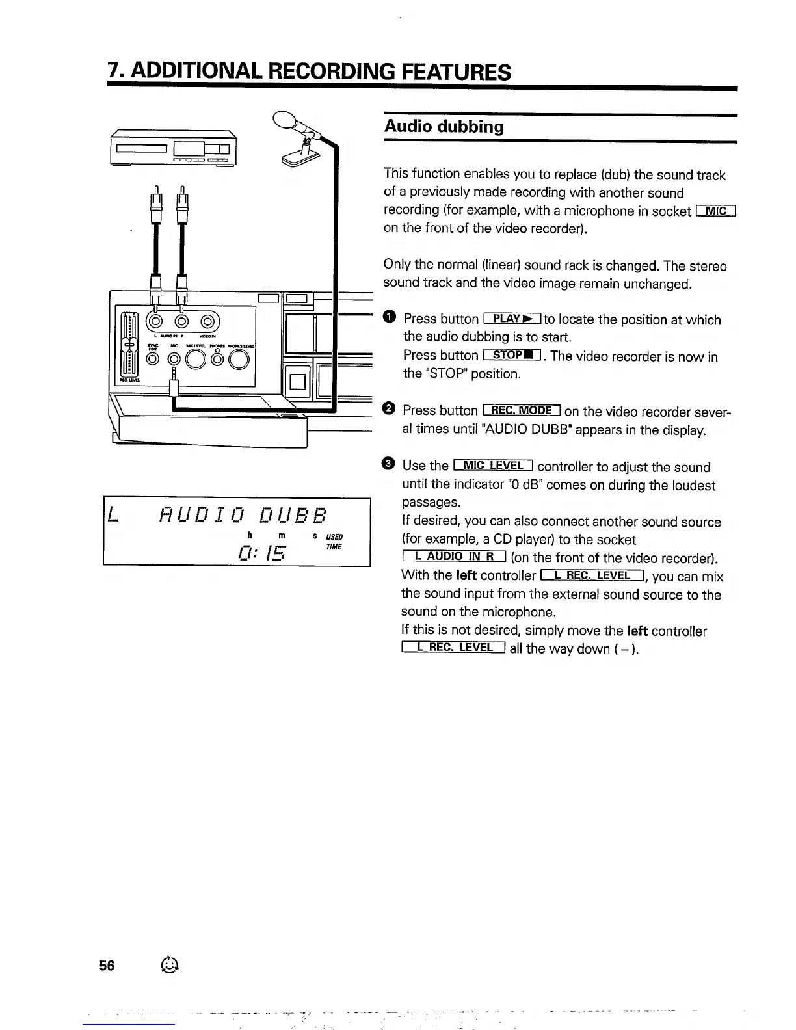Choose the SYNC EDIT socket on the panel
click(152, 358)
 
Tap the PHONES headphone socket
click(218, 358)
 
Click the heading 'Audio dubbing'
click(444, 126)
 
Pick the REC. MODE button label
click(522, 410)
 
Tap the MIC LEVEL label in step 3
click(494, 465)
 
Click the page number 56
click(107, 966)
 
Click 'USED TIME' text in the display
click(334, 542)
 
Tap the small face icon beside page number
click(168, 966)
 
